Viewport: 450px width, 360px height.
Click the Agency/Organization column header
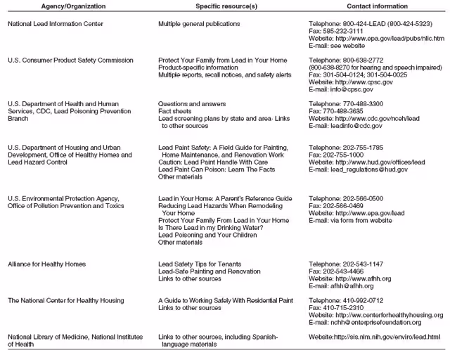pos(56,6)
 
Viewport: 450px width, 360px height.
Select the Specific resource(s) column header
pos(195,6)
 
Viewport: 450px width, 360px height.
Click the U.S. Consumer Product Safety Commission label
pos(70,60)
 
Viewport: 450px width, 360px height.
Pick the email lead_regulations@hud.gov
pos(383,169)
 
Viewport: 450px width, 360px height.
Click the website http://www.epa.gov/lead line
pos(375,213)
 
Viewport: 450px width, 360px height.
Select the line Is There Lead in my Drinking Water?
pos(210,227)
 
